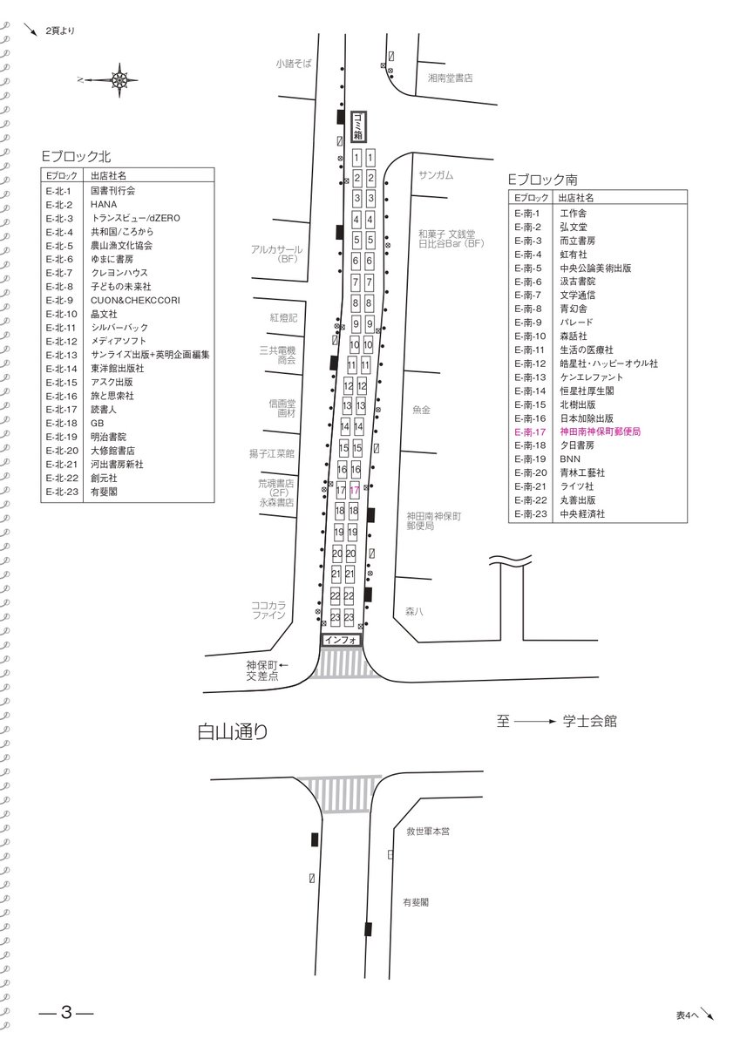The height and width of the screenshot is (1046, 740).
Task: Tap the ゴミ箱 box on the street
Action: pyautogui.click(x=357, y=127)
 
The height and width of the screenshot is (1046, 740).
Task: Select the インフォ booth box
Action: pyautogui.click(x=341, y=640)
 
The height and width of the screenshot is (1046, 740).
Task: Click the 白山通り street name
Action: pyautogui.click(x=233, y=732)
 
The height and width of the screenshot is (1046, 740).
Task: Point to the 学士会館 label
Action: pyautogui.click(x=589, y=721)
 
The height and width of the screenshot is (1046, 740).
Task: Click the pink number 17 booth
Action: pyautogui.click(x=354, y=492)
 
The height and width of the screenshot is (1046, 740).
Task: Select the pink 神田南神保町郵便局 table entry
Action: pyautogui.click(x=600, y=431)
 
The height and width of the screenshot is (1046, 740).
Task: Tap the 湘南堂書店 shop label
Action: pyautogui.click(x=450, y=78)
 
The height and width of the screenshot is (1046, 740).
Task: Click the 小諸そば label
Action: pyautogui.click(x=294, y=63)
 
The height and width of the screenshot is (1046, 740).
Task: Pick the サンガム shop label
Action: pyautogui.click(x=436, y=175)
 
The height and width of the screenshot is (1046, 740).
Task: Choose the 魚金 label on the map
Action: pyautogui.click(x=422, y=409)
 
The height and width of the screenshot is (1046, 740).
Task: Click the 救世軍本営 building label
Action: pyautogui.click(x=428, y=832)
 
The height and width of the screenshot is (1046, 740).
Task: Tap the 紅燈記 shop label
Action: pyautogui.click(x=283, y=318)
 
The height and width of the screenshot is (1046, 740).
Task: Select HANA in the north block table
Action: pyautogui.click(x=104, y=204)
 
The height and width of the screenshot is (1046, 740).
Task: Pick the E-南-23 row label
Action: pyautogui.click(x=529, y=513)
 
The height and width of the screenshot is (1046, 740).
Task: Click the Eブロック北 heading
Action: pyautogui.click(x=77, y=156)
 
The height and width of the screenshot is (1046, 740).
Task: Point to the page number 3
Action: pyautogui.click(x=65, y=1013)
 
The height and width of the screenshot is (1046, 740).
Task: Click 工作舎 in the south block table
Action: pyautogui.click(x=574, y=214)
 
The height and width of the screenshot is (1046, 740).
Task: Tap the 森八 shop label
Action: pyautogui.click(x=414, y=611)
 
